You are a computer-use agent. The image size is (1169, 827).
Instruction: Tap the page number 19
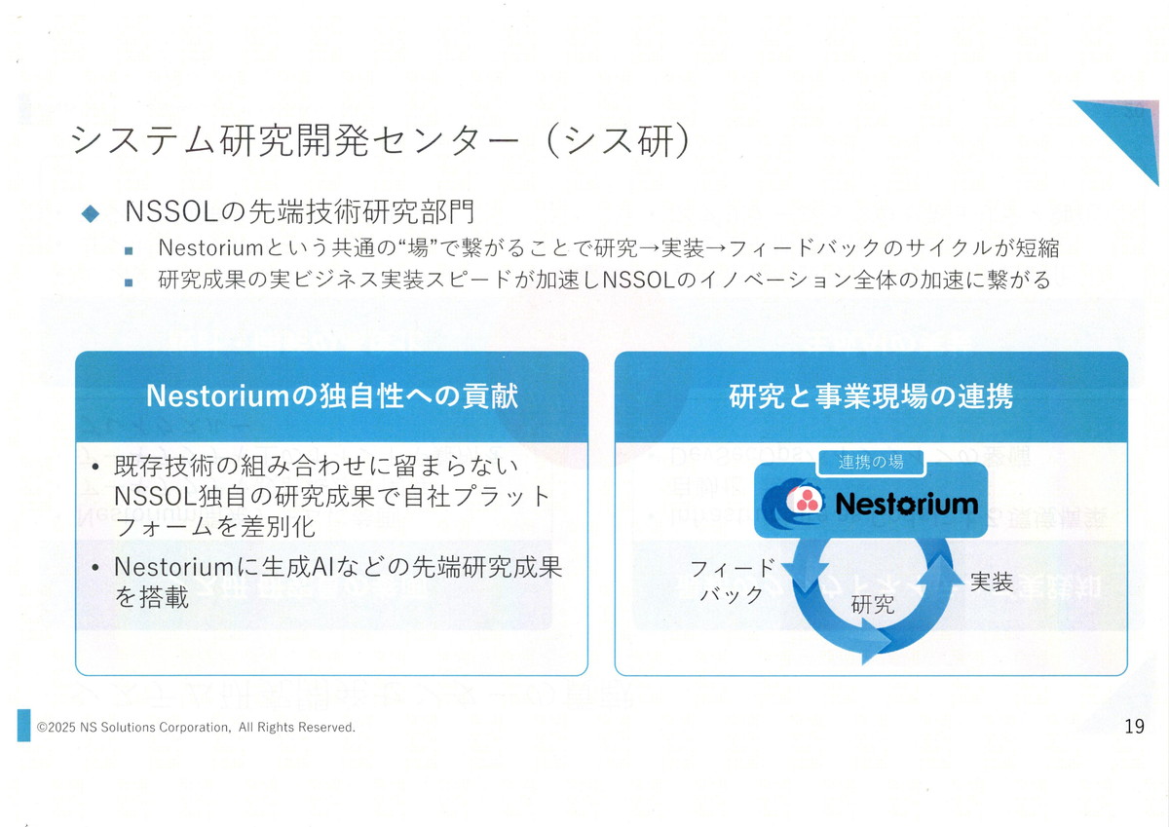tap(1134, 726)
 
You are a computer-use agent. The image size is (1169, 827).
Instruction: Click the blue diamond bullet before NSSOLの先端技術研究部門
tap(91, 212)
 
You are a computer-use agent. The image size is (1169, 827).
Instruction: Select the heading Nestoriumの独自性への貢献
tap(331, 396)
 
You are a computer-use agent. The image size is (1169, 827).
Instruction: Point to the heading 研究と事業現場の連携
tap(871, 396)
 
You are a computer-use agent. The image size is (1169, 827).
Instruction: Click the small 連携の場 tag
tap(871, 462)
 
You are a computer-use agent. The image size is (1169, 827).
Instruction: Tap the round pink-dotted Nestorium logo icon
tap(805, 502)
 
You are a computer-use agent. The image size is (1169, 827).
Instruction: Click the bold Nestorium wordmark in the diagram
tap(906, 503)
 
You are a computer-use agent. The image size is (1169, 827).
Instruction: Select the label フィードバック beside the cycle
tap(732, 582)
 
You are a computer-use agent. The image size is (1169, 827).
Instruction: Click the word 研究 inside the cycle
tap(872, 604)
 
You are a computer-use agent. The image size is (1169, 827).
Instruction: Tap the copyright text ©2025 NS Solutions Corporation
tap(196, 728)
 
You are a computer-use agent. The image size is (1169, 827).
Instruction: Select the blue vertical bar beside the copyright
tap(23, 726)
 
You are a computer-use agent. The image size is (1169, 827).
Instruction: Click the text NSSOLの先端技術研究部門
tap(300, 212)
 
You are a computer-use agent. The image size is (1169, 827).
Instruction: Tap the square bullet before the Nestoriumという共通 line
tap(129, 250)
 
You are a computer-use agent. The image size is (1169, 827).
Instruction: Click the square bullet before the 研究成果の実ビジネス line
tap(129, 283)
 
